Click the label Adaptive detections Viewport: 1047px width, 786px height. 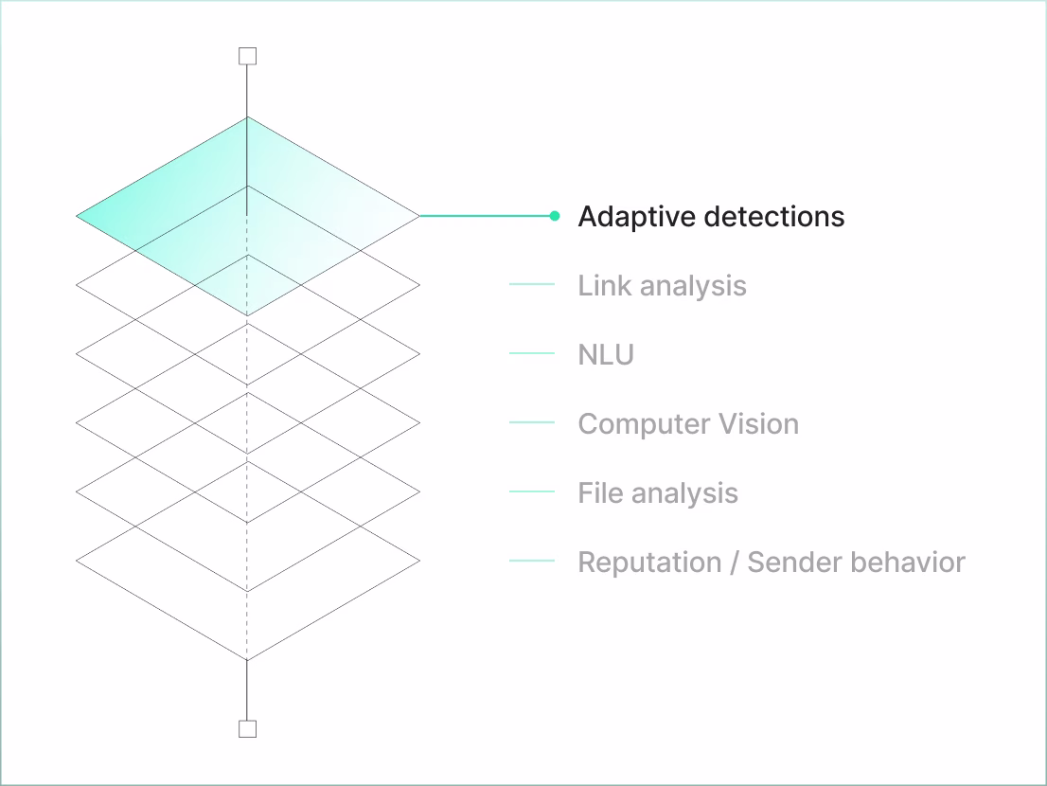(710, 217)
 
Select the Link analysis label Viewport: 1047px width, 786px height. (662, 286)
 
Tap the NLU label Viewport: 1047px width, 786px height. (606, 355)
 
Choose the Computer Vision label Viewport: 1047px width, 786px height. (688, 424)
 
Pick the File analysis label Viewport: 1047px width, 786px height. (658, 493)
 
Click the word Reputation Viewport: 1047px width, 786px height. (649, 563)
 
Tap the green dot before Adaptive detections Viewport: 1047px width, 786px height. (555, 216)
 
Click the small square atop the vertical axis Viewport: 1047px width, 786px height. (247, 57)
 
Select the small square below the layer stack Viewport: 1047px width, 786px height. (247, 728)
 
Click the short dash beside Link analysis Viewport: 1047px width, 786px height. (531, 284)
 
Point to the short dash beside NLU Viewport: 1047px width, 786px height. (531, 353)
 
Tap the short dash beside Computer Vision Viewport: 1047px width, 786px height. (531, 422)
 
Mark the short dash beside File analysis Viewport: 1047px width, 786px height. (531, 491)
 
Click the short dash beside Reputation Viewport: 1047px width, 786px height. (531, 561)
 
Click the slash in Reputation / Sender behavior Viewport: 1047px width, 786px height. (735, 563)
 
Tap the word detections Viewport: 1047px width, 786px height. (772, 217)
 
